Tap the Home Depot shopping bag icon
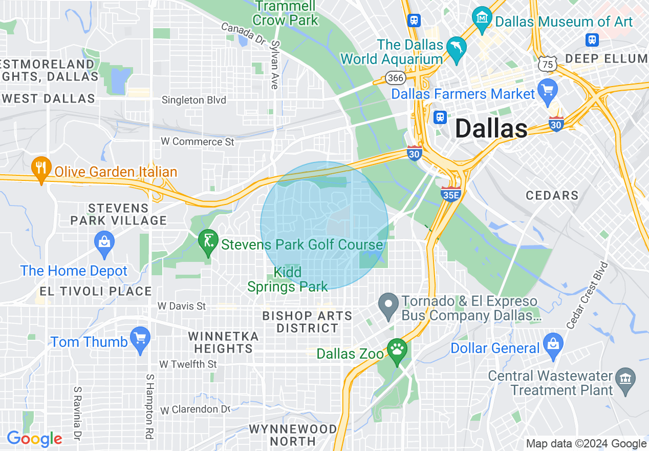pos(104,244)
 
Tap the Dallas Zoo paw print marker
pos(397,351)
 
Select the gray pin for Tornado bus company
pos(388,306)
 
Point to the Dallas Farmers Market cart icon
pos(547,92)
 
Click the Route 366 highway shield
pos(396,77)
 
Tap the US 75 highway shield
pos(548,64)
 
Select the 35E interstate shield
pos(450,193)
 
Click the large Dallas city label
pos(491,128)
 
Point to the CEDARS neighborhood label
pos(552,195)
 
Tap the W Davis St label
pos(182,306)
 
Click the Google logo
pos(34,439)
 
